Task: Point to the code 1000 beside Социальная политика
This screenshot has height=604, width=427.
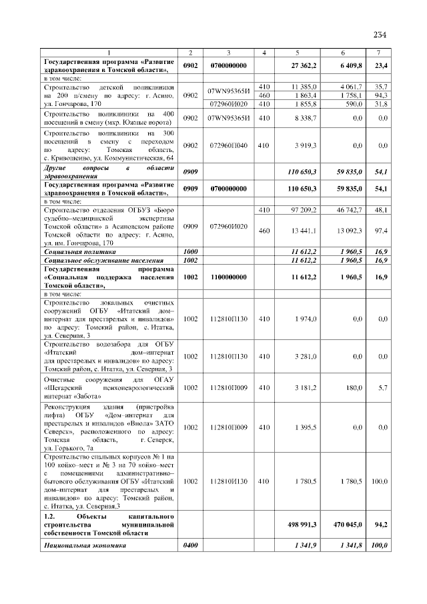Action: tap(191, 253)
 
